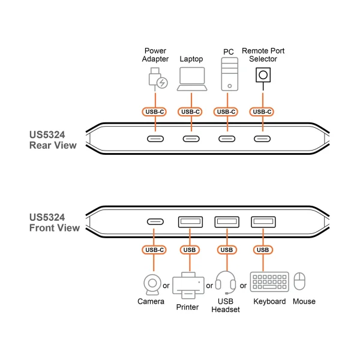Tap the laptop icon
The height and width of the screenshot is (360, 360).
(x=191, y=80)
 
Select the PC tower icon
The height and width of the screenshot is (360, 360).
(x=227, y=76)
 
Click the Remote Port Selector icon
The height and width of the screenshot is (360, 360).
(x=262, y=76)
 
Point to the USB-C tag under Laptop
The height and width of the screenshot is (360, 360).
(x=191, y=112)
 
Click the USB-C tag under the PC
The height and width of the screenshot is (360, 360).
(x=227, y=112)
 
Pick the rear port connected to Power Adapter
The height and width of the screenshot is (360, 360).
(x=156, y=139)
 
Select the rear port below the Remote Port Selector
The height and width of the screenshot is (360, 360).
(x=262, y=139)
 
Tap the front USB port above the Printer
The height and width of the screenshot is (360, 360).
(x=190, y=221)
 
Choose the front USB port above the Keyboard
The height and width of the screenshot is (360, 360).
(x=263, y=221)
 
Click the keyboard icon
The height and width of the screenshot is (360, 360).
(x=269, y=282)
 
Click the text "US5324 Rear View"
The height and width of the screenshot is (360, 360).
(x=53, y=140)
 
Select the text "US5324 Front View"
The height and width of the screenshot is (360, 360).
(x=54, y=223)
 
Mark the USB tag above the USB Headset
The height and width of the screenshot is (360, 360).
(x=226, y=250)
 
